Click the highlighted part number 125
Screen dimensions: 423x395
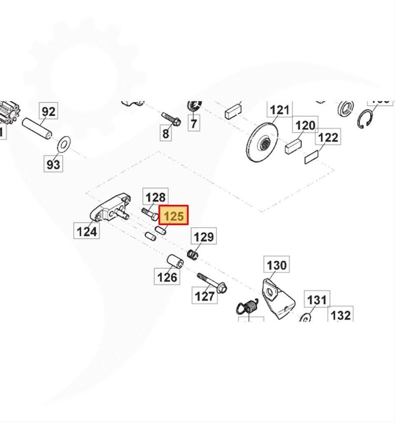pos(174,216)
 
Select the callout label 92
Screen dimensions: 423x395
pos(48,112)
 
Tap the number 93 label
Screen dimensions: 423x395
pos(53,164)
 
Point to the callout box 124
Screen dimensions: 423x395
pos(87,231)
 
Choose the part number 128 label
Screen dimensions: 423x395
pos(155,197)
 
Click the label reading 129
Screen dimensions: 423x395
pos(204,237)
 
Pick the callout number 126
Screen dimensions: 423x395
pos(167,276)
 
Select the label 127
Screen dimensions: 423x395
pos(205,295)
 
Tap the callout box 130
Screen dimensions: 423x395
pos(276,265)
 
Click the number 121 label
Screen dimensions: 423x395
pos(280,110)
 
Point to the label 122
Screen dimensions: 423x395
pos(328,138)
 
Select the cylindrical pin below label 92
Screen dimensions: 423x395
pos(37,128)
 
